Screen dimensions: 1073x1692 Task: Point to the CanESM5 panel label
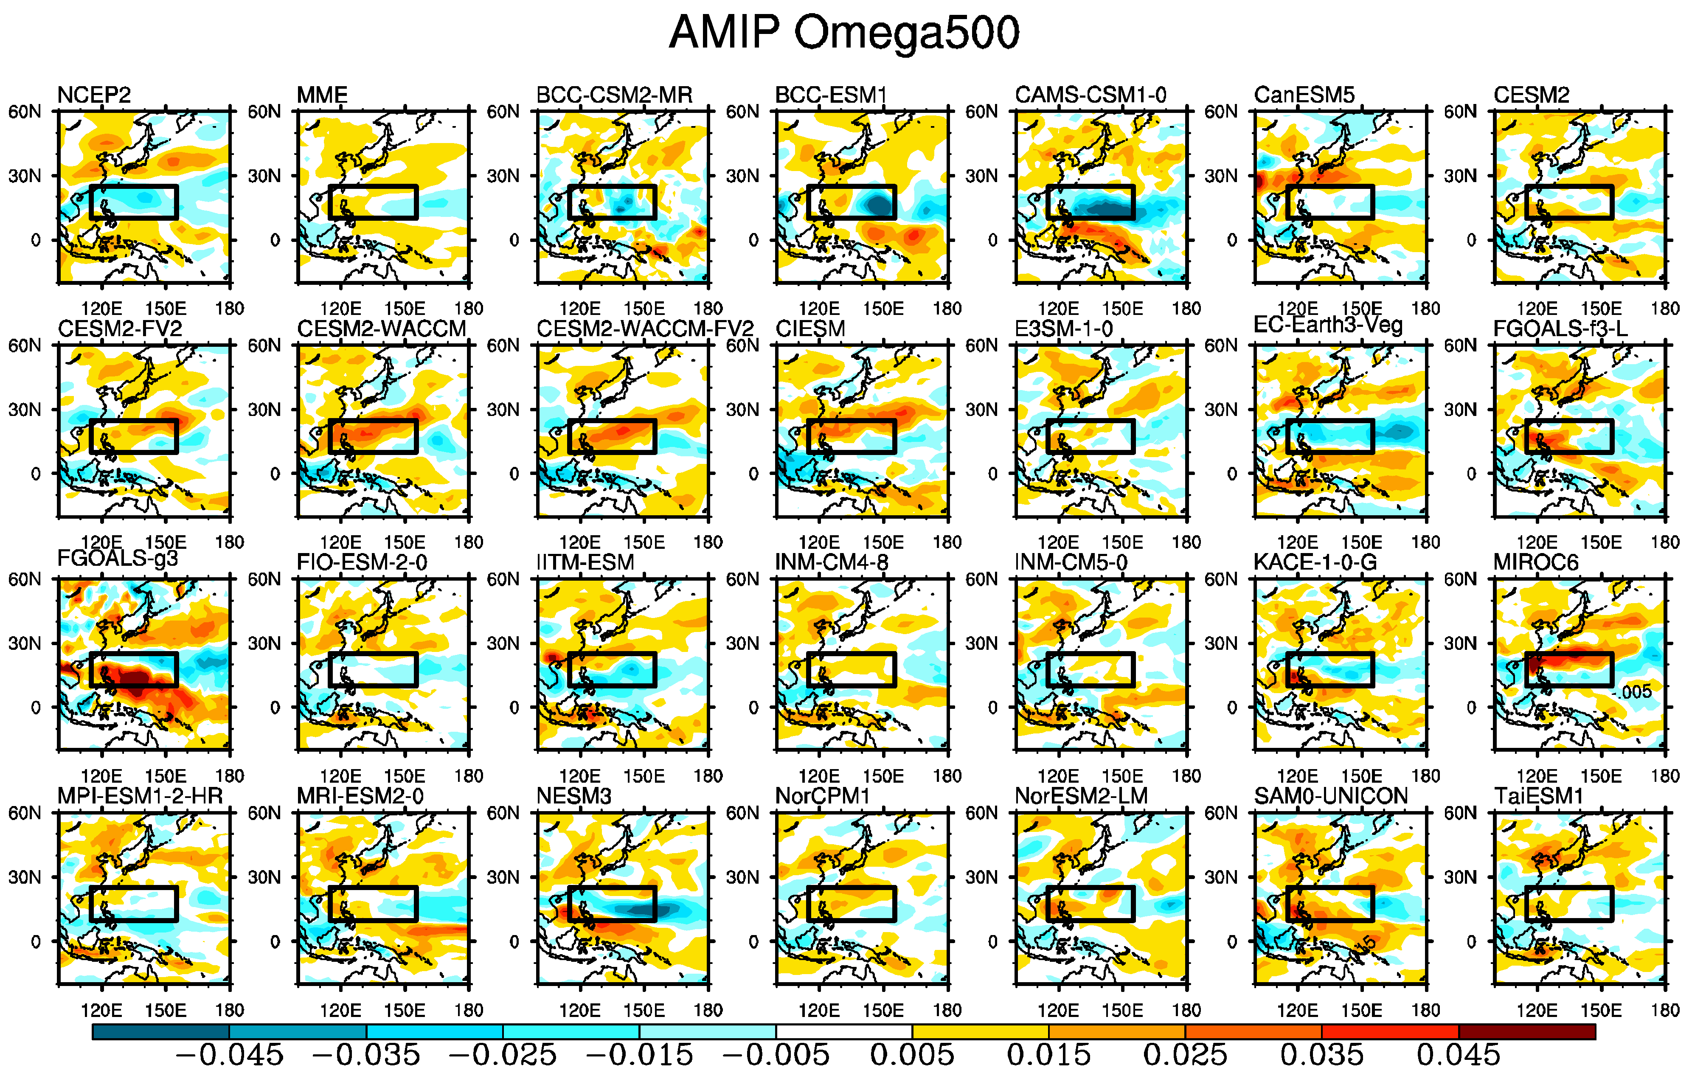coord(1304,95)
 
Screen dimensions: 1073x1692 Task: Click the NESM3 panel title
coord(573,796)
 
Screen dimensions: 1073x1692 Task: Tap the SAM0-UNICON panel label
coord(1331,796)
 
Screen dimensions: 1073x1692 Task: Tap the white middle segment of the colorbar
coord(844,1031)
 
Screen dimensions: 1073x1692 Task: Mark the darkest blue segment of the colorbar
coord(161,1031)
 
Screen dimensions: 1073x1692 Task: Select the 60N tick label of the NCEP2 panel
coord(25,112)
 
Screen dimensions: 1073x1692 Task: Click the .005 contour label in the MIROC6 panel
coord(1636,692)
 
